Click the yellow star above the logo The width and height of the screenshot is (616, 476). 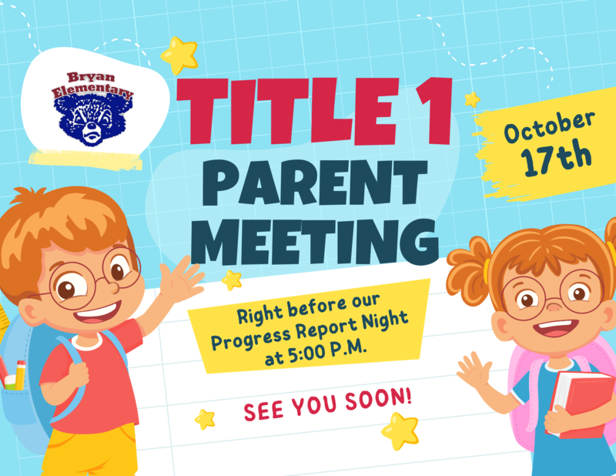tap(179, 55)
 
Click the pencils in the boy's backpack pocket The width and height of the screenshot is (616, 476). tap(15, 374)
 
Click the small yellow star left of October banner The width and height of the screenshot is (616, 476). tap(472, 99)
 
